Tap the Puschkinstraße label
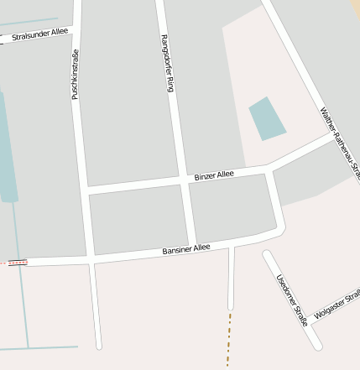(x=75, y=75)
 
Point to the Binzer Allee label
(x=214, y=175)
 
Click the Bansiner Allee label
(x=185, y=249)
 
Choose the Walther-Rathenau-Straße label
(x=339, y=143)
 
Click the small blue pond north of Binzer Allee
(x=267, y=118)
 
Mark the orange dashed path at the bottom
(x=228, y=340)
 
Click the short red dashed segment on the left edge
(x=17, y=263)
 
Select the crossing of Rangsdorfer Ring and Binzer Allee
(x=184, y=180)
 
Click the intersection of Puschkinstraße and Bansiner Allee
(x=91, y=260)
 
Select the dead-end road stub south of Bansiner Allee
(x=231, y=281)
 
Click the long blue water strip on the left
(x=7, y=147)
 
